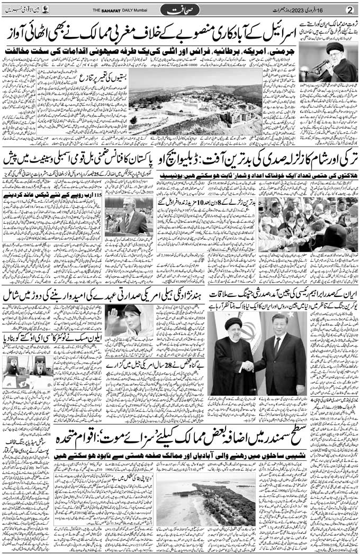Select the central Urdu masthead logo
coord(180,10)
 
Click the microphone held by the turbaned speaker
coord(320,65)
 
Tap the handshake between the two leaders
coord(249,366)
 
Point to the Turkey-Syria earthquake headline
coord(265,158)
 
